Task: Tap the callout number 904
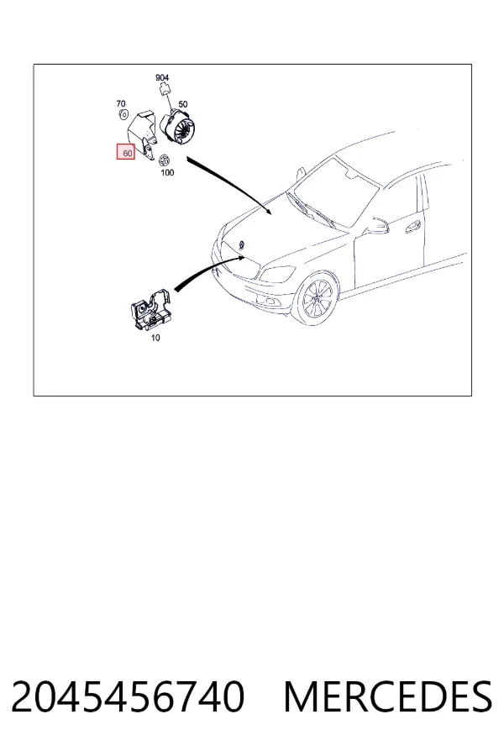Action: [x=162, y=77]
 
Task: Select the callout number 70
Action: [x=121, y=103]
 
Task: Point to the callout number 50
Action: [x=183, y=104]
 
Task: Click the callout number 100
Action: [x=167, y=172]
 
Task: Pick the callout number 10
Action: [x=155, y=338]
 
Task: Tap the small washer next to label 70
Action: [x=123, y=115]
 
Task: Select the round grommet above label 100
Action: [x=165, y=160]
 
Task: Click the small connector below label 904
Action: [x=164, y=89]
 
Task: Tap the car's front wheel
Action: [x=317, y=299]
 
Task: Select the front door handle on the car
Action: [x=412, y=227]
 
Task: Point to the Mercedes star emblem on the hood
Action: [x=242, y=244]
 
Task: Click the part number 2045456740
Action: [x=128, y=696]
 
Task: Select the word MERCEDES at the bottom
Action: [x=388, y=696]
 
